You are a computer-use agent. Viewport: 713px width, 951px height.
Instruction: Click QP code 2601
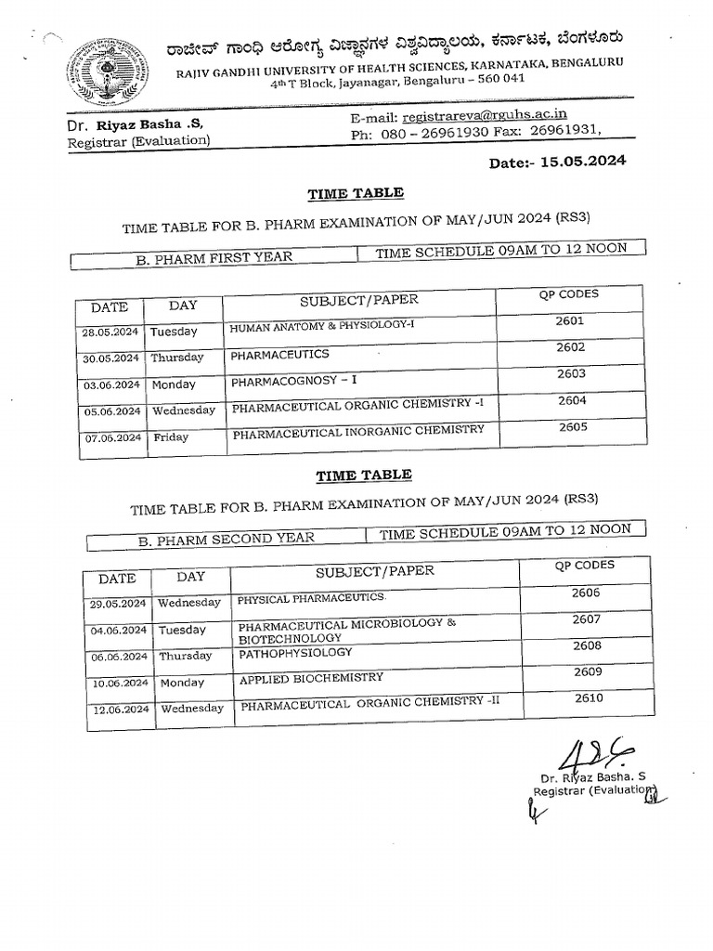coord(570,320)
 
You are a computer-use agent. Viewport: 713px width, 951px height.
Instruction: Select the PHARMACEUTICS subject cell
coord(279,355)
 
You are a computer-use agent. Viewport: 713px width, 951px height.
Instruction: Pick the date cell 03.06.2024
coord(111,384)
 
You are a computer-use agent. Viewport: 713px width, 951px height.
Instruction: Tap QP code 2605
coord(574,428)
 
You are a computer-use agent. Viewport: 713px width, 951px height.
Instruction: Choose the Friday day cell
coord(171,436)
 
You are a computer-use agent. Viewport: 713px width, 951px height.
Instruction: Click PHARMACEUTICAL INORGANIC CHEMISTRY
coord(358,431)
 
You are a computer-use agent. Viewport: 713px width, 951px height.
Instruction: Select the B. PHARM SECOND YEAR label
coord(226,538)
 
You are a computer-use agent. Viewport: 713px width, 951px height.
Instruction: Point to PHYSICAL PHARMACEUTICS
coord(311,599)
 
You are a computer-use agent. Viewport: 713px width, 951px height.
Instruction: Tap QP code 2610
coord(589,698)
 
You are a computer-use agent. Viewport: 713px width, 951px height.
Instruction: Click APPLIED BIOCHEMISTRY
coord(311,679)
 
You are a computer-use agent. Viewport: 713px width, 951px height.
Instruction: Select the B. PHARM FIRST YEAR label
coord(214,258)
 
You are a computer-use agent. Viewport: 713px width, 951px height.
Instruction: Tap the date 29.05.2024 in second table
coord(118,604)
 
